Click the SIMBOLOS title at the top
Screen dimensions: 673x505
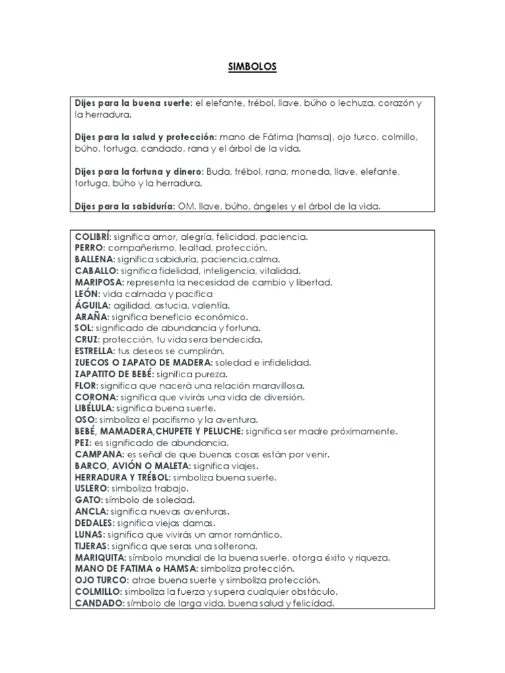pos(252,67)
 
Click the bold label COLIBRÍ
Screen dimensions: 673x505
pos(93,237)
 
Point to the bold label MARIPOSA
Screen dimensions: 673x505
pos(99,282)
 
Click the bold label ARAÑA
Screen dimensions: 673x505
pos(92,317)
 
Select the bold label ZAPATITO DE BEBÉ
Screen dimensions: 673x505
pos(113,374)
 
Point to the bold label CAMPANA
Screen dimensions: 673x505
pos(97,454)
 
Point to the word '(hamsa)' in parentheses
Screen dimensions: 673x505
pos(313,137)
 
